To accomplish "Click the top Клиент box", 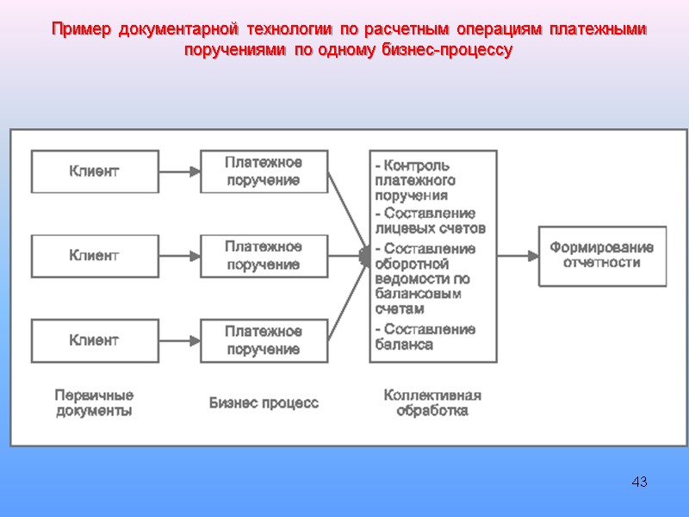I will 95,171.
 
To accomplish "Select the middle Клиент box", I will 95,256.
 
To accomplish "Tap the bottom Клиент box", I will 95,340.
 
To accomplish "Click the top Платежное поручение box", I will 264,171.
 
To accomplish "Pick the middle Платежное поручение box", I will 264,256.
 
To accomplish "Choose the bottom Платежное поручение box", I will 264,340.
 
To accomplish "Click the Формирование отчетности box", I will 602,255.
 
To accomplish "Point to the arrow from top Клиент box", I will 179,171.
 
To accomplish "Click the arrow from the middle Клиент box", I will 179,256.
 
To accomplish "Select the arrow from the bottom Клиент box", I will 179,340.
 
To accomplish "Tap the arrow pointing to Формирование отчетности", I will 518,255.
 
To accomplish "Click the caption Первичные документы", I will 94,403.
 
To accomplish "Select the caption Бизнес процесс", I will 264,402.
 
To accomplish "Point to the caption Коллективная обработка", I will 432,403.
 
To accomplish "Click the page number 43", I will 639,481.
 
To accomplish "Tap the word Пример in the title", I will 81,30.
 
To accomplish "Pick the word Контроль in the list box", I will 417,165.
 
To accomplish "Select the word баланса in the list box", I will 405,345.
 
